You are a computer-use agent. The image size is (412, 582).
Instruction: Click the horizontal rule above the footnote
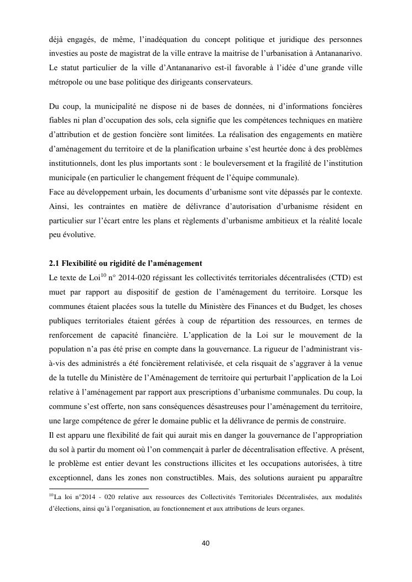point(99,489)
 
